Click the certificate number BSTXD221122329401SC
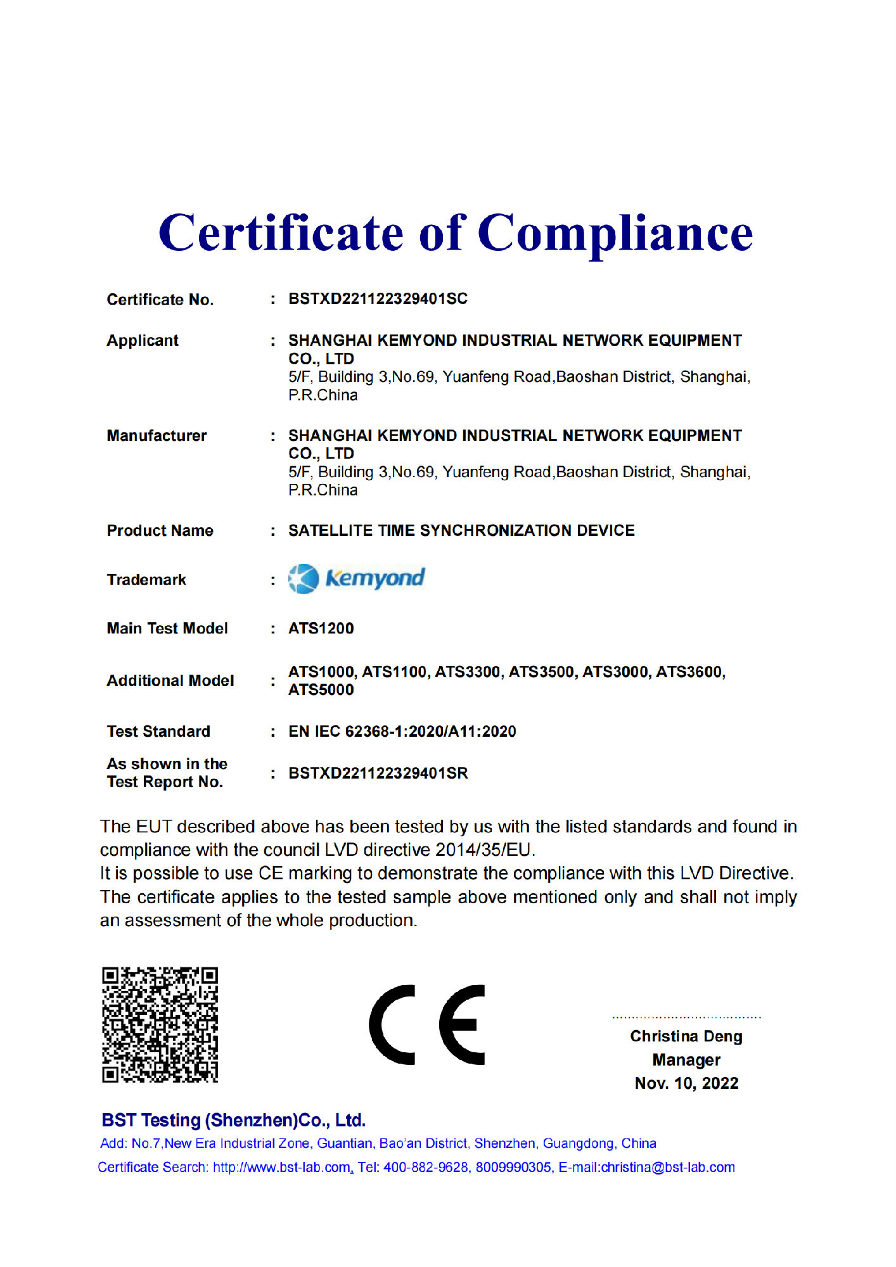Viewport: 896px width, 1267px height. click(378, 299)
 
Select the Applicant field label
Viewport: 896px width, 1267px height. click(143, 341)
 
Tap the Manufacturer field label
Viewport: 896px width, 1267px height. click(157, 436)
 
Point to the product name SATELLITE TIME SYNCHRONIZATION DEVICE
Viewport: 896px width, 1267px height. click(461, 531)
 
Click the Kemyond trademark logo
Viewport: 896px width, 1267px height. click(357, 578)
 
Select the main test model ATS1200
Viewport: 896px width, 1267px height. click(321, 628)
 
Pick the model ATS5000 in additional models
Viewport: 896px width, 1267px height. click(321, 690)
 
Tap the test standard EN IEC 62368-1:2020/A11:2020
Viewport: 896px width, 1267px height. click(402, 732)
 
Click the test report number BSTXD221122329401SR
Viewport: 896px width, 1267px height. click(378, 774)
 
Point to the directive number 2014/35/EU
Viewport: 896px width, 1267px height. click(485, 850)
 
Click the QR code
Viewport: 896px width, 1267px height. click(160, 1024)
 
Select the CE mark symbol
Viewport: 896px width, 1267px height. click(427, 1024)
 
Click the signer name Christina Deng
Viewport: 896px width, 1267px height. click(686, 1036)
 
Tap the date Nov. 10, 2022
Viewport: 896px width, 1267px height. click(686, 1083)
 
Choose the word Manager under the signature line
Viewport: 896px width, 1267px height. click(686, 1060)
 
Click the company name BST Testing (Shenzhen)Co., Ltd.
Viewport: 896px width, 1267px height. click(233, 1120)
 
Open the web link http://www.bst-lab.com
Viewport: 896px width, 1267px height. click(282, 1167)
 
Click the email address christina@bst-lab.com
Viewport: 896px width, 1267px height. click(668, 1167)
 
